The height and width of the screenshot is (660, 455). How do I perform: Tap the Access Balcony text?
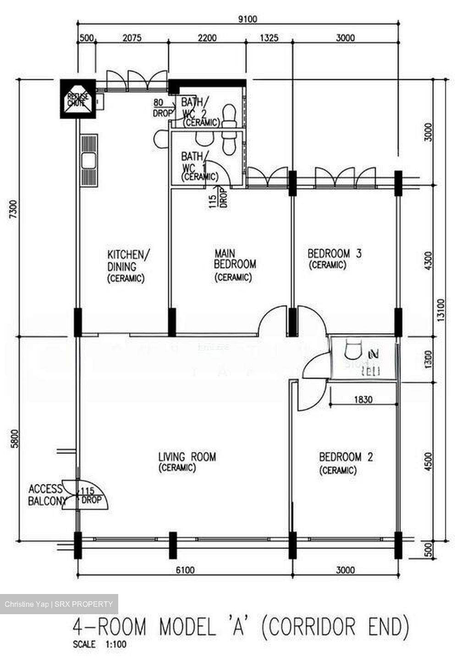(x=46, y=495)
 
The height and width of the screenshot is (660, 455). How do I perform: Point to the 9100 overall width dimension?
(x=247, y=19)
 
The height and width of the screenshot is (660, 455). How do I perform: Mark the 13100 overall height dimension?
(x=441, y=316)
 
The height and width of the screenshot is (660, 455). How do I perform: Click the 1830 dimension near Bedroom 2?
(x=363, y=400)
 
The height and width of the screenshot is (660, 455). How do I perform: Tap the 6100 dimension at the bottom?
(x=185, y=570)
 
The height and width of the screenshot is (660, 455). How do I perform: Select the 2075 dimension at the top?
(x=132, y=38)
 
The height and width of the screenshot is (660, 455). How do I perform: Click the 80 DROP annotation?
(x=162, y=108)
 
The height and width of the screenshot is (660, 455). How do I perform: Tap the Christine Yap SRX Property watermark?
(x=59, y=604)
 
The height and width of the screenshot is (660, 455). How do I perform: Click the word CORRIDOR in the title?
(x=312, y=627)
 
